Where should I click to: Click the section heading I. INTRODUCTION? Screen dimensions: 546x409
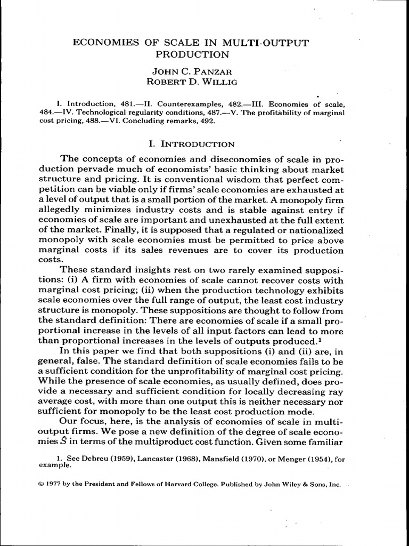[190, 144]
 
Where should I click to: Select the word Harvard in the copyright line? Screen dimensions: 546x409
[203, 485]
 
